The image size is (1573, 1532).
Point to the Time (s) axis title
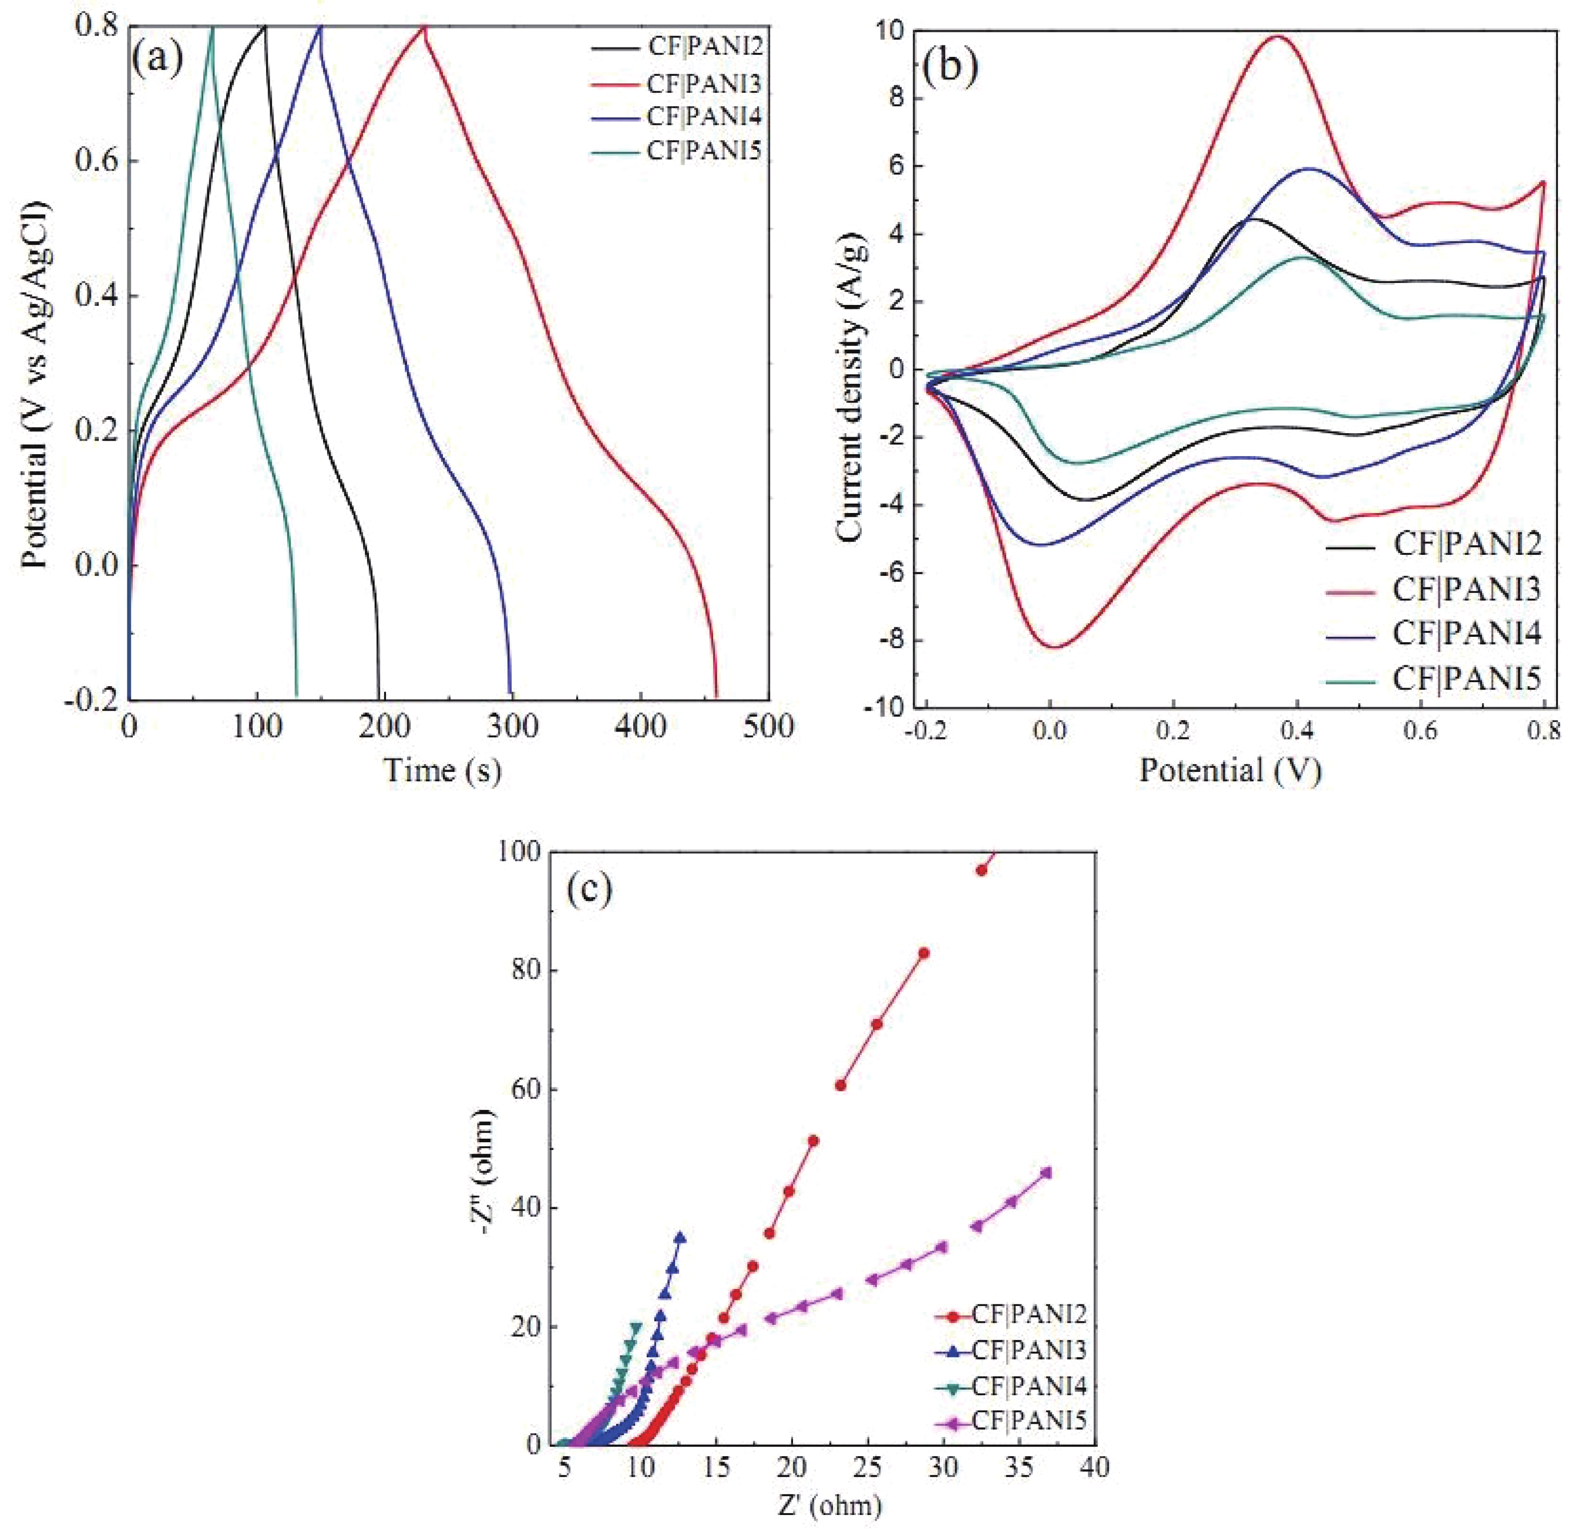pos(442,771)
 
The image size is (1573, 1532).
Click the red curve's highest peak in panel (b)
pos(1276,36)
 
